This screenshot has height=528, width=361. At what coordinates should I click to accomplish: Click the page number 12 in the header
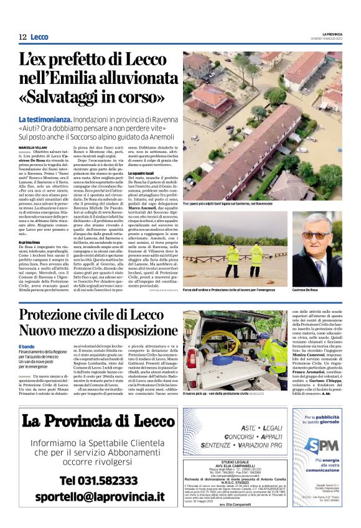[22, 37]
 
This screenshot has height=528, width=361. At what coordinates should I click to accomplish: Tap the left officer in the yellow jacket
[233, 254]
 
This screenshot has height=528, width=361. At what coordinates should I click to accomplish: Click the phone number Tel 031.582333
[99, 481]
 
